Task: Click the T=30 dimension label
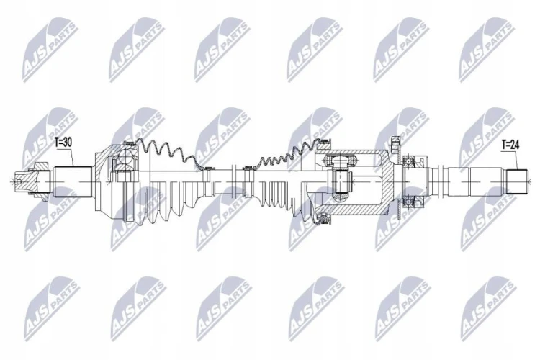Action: click(63, 143)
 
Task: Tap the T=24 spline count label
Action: click(510, 145)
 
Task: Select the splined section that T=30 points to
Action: click(73, 181)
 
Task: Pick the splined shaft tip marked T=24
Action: click(516, 181)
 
